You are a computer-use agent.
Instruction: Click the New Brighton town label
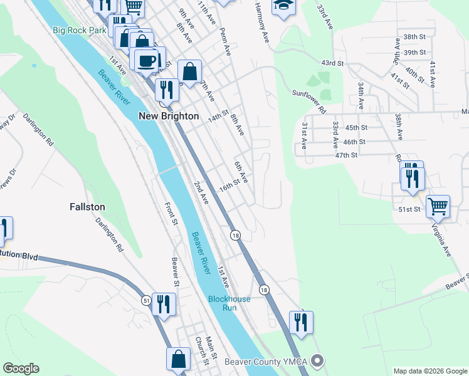click(x=168, y=116)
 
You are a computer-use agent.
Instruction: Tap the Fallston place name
click(x=87, y=206)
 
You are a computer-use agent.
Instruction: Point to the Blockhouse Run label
click(x=229, y=304)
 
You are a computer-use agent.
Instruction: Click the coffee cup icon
click(x=147, y=60)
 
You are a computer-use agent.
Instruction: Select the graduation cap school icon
click(x=283, y=6)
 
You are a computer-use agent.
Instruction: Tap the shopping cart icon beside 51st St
click(x=438, y=205)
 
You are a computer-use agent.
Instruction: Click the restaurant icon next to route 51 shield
click(x=164, y=304)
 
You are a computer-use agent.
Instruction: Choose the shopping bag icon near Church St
click(x=178, y=359)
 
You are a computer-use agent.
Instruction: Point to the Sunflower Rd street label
click(x=310, y=100)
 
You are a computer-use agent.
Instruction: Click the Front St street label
click(x=171, y=213)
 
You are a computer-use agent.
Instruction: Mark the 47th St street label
click(x=345, y=155)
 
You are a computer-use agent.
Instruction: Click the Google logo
click(x=21, y=368)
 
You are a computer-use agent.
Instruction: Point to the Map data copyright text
click(x=429, y=370)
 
